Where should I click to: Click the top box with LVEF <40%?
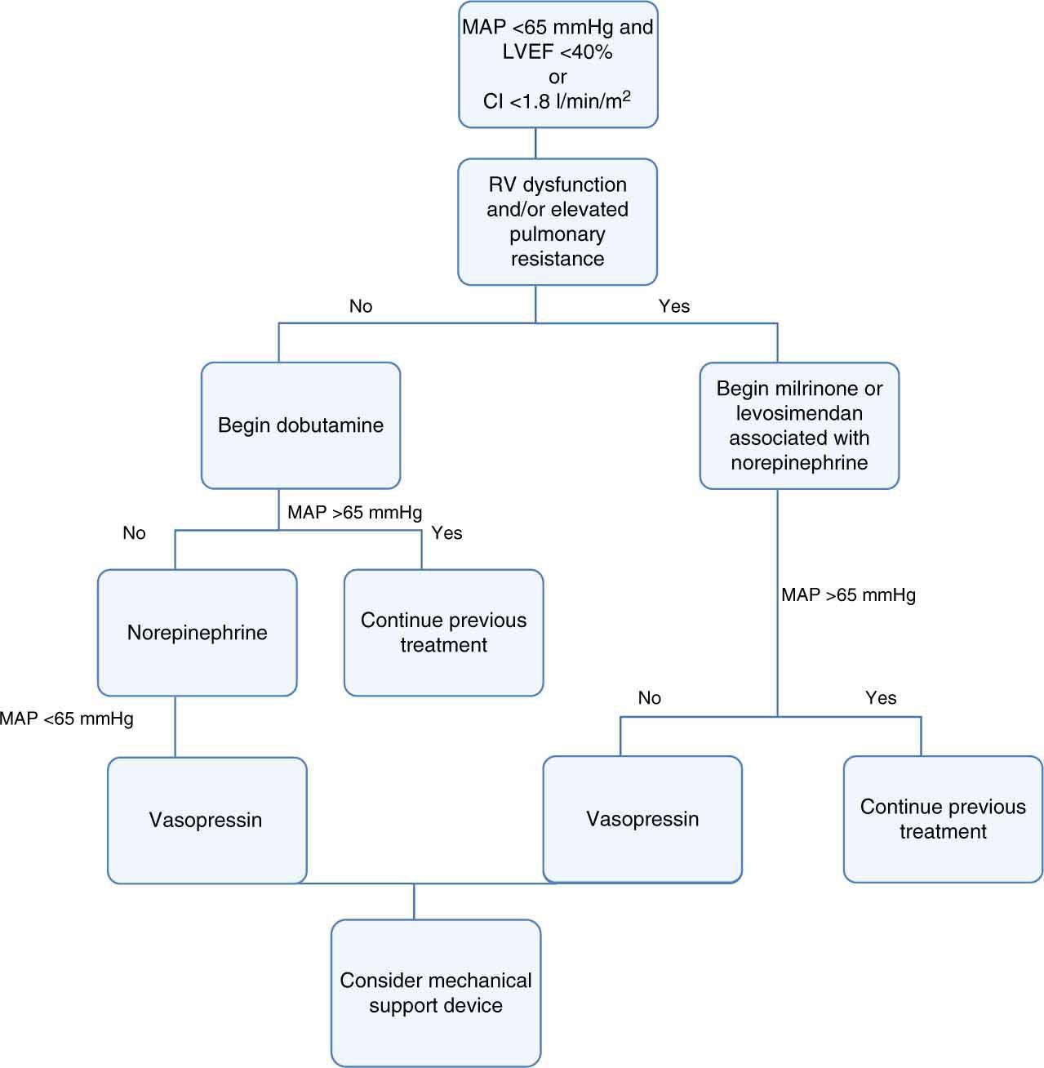tap(558, 65)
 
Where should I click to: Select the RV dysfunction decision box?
tap(558, 221)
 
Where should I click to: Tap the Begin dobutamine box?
tap(300, 425)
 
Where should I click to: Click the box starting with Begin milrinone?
tap(799, 425)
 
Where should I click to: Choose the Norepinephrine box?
tap(197, 633)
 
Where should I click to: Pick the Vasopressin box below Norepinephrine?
tap(207, 820)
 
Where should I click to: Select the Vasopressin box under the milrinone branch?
tap(642, 819)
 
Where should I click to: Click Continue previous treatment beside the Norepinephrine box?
tap(443, 633)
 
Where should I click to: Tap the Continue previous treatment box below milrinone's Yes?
tap(943, 819)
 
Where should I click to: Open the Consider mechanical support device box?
tap(436, 993)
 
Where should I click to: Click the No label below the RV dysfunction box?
tap(361, 306)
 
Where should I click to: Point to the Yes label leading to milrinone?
tap(674, 306)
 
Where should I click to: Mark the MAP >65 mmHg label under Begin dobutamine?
tap(355, 513)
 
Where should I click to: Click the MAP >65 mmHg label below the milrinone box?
tap(848, 595)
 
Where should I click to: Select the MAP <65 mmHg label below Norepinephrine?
tap(67, 719)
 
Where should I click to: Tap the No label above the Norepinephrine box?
tap(134, 533)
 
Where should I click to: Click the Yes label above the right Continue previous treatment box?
tap(881, 698)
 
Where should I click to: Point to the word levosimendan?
tap(799, 413)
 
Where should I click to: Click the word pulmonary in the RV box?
tap(558, 234)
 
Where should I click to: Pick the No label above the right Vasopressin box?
tap(650, 698)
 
